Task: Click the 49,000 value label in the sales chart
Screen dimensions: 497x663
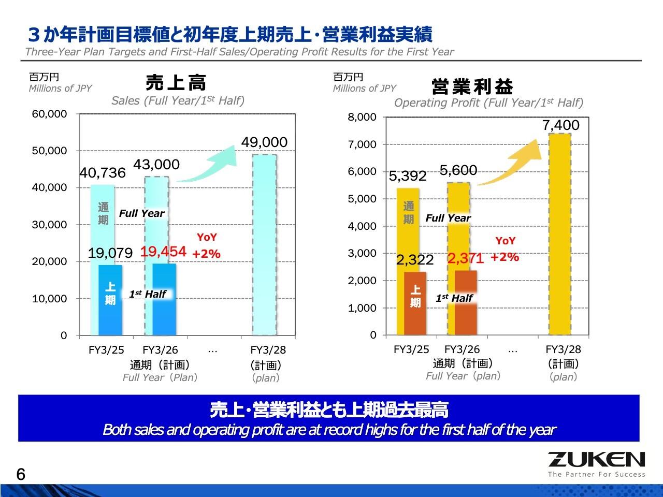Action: [264, 142]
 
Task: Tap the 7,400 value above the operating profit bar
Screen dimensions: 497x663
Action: [561, 125]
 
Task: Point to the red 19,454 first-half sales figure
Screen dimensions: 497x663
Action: [163, 252]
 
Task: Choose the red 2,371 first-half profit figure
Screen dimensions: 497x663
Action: [465, 258]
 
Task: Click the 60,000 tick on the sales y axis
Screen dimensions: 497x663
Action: [50, 114]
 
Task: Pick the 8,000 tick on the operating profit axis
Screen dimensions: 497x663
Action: [362, 117]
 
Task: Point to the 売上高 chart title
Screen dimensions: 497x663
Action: [176, 83]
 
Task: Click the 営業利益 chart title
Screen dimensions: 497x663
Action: [472, 86]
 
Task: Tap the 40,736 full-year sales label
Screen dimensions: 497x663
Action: [103, 173]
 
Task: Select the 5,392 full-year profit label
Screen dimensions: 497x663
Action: [408, 177]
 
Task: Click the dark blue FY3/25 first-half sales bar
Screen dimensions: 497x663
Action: [110, 300]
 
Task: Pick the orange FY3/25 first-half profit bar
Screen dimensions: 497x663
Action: [415, 303]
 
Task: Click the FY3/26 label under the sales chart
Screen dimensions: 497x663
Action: [160, 350]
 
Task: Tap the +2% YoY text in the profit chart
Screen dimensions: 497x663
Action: [505, 257]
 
